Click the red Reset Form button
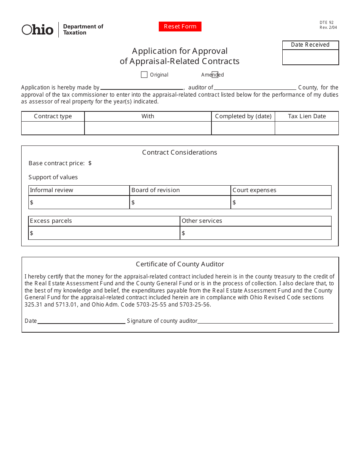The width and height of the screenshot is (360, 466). click(180, 27)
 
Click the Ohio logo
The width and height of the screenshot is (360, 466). click(38, 30)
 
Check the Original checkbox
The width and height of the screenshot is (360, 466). click(144, 75)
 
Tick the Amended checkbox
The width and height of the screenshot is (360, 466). click(215, 75)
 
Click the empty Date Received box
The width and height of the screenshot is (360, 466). click(310, 57)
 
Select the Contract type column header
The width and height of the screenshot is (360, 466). click(53, 116)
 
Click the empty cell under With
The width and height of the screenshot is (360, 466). click(148, 128)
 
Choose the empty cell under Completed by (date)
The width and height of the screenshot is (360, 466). click(243, 128)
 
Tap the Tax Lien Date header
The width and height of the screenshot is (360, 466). click(307, 116)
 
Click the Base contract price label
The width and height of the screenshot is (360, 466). click(56, 163)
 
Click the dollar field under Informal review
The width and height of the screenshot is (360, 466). click(80, 203)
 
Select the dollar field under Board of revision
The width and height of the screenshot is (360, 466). click(181, 203)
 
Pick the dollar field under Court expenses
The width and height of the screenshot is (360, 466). click(282, 203)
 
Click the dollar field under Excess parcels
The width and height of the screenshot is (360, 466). click(105, 233)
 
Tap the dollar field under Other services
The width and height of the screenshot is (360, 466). click(256, 233)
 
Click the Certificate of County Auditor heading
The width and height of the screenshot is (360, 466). click(180, 264)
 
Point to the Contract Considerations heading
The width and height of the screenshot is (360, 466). click(180, 152)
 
